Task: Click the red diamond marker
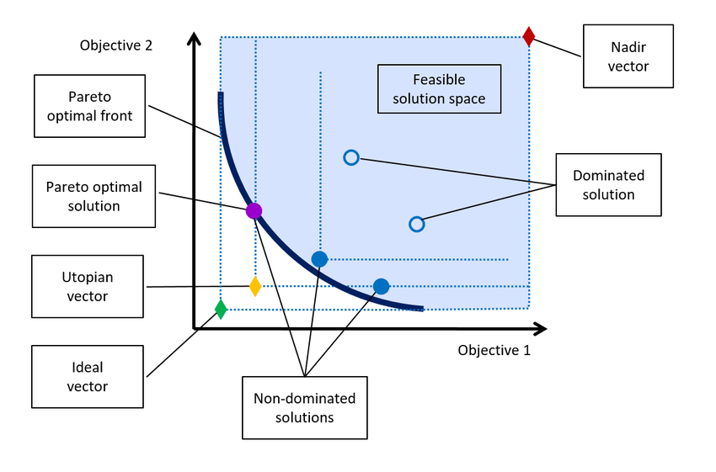coord(529,36)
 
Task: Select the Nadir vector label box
coord(628,56)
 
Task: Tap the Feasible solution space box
coord(439,89)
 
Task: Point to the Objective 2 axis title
coord(116,45)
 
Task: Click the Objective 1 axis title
coord(494,350)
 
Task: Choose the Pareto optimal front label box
coord(89,106)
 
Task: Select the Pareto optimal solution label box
coord(94,196)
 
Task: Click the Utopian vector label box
coord(88,286)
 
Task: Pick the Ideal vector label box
coord(88,377)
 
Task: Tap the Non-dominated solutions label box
coord(305,408)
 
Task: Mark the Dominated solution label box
coord(608,185)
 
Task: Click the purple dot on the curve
coord(254,210)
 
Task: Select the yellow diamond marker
coord(255,286)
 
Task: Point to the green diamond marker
coord(221,309)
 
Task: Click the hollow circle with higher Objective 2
coord(351,158)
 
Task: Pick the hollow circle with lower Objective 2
coord(416,225)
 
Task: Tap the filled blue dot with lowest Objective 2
coord(381,286)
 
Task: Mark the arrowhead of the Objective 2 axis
coord(194,39)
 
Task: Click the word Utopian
coord(88,278)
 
